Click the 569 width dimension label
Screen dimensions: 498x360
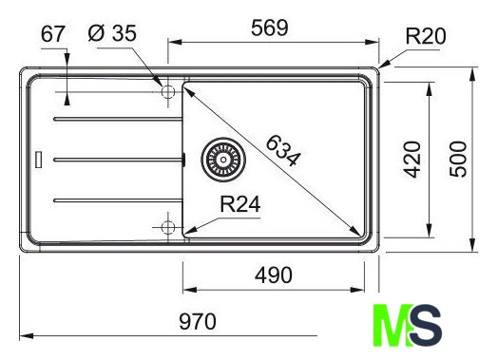tap(270, 28)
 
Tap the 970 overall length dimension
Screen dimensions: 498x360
tap(198, 322)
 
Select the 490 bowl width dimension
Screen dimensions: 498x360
tap(274, 275)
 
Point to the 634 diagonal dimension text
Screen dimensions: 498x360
tap(283, 150)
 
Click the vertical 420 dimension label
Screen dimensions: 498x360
tap(412, 160)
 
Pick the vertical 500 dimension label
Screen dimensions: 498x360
tap(458, 159)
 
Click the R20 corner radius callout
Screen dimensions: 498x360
tap(426, 36)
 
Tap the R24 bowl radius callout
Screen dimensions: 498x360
tap(240, 204)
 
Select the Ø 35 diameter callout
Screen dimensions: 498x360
tap(112, 33)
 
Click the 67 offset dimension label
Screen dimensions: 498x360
tap(53, 34)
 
